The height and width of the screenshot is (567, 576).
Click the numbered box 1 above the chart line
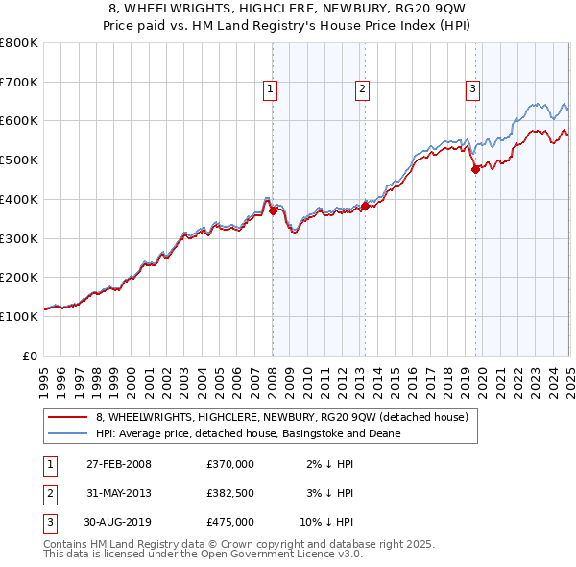[271, 90]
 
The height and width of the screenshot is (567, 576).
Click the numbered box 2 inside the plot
[363, 90]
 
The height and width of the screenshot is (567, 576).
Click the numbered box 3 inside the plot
[473, 90]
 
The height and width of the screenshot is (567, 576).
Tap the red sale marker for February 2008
[273, 211]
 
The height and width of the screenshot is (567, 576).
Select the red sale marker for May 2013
[365, 206]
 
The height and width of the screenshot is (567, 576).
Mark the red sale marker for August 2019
[474, 170]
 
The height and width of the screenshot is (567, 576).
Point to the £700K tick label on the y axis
[19, 82]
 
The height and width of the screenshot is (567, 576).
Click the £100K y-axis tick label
[19, 316]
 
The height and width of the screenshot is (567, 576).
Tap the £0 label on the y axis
[29, 356]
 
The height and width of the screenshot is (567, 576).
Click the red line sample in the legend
[68, 418]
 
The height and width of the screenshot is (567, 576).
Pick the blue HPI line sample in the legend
[68, 434]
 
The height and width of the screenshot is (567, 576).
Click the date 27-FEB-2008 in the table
[118, 464]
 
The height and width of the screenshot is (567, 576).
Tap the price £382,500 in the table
[230, 493]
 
